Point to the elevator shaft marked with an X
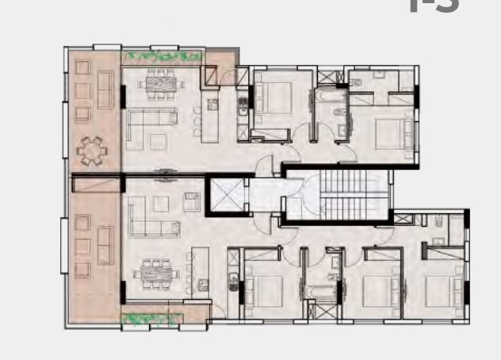pyautogui.click(x=225, y=195)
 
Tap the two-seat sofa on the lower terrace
pyautogui.click(x=105, y=237)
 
